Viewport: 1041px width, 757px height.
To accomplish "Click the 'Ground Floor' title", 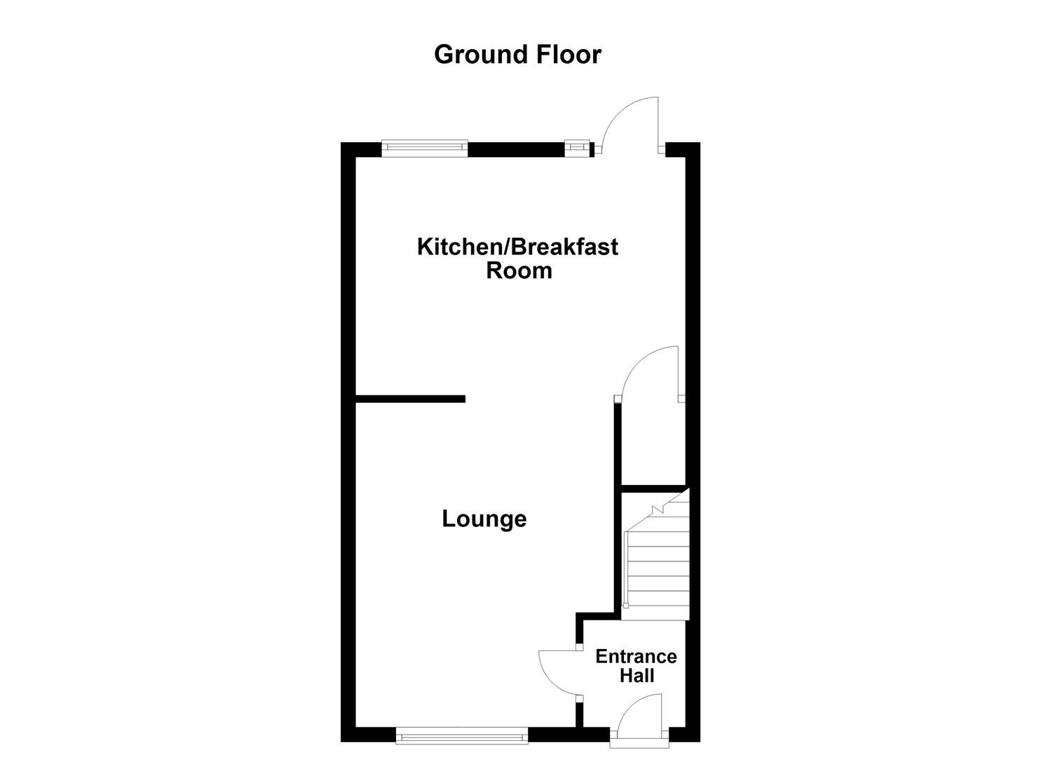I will pos(517,55).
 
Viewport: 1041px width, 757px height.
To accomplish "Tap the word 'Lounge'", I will pos(484,519).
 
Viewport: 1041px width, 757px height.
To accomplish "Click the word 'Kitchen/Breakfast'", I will pos(517,247).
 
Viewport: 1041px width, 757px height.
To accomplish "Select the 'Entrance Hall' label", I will pos(636,666).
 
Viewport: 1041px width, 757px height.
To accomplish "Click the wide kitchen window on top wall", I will pos(424,147).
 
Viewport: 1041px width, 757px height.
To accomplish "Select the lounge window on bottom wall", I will pos(461,735).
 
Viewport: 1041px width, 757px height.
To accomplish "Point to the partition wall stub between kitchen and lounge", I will pos(410,399).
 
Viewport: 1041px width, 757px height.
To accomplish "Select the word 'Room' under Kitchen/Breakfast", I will pos(519,271).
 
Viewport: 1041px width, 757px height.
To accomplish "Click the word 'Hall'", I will pos(637,676).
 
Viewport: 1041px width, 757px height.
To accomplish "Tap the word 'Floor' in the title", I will pos(569,55).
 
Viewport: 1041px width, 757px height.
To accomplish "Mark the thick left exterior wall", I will pos(348,442).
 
